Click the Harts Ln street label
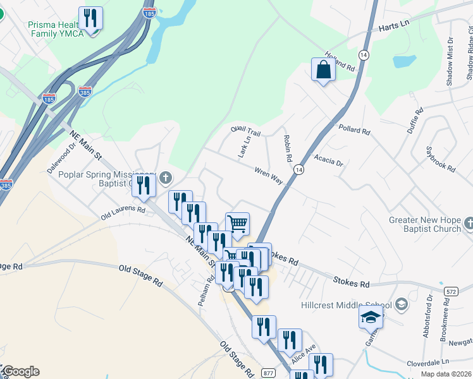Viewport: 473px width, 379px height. (395, 28)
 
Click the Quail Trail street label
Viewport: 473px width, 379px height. (246, 132)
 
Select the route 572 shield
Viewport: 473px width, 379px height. (450, 291)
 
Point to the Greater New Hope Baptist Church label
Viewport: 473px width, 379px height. (426, 225)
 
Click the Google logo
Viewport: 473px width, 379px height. (20, 371)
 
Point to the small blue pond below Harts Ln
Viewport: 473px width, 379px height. (402, 62)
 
